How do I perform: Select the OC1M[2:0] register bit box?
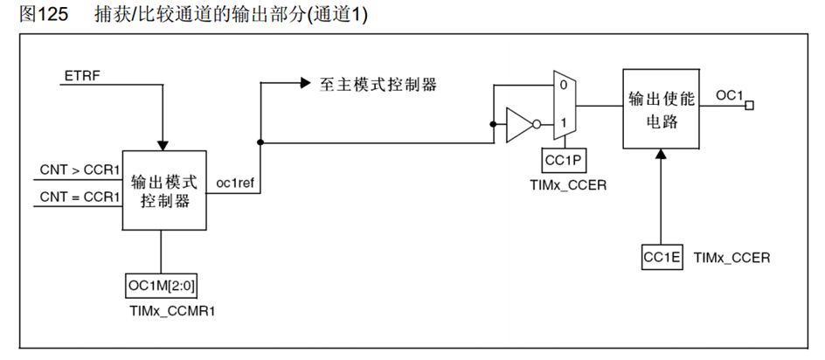point(163,286)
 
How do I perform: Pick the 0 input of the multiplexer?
point(564,86)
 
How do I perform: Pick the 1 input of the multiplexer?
point(564,123)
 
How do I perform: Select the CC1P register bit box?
point(563,160)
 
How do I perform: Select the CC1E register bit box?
point(662,258)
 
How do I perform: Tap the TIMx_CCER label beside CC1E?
point(731,258)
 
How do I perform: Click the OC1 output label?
point(729,93)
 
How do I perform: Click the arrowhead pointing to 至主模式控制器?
point(305,84)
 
